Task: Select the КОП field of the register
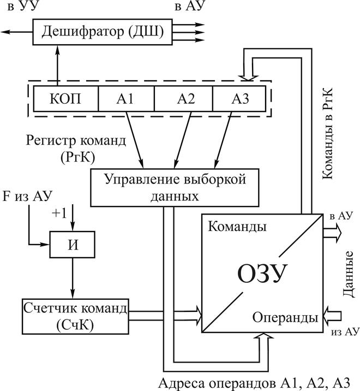(65, 99)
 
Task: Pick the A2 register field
(183, 99)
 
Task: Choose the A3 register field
(240, 99)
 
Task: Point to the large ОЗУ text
(262, 273)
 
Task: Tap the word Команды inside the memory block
(237, 227)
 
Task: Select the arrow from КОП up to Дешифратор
(57, 66)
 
